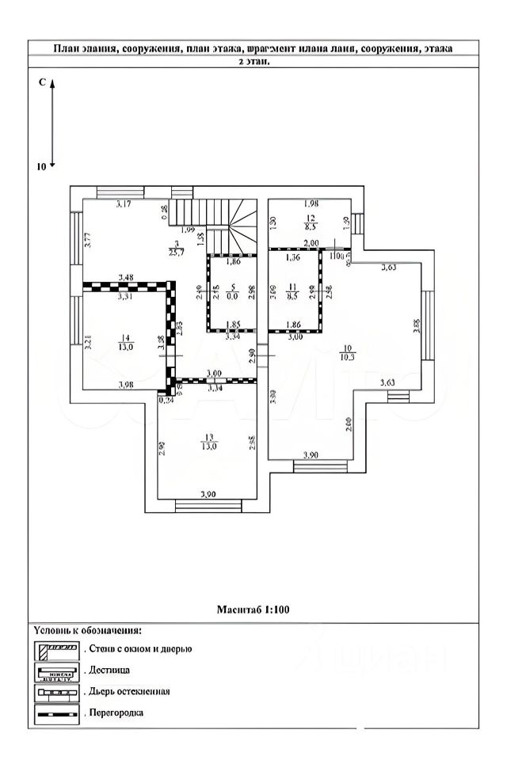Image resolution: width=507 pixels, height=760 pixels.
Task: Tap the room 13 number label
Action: tap(208, 436)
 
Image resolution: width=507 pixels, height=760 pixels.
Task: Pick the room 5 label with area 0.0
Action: tap(233, 287)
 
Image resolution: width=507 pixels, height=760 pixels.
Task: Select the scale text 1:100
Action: tap(278, 610)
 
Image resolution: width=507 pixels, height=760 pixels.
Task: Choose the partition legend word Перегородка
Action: tap(117, 712)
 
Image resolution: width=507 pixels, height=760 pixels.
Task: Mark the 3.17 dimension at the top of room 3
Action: tap(123, 205)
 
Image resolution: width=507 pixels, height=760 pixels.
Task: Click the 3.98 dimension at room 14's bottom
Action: tap(125, 386)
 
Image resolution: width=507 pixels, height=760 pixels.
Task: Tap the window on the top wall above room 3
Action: tap(120, 192)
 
